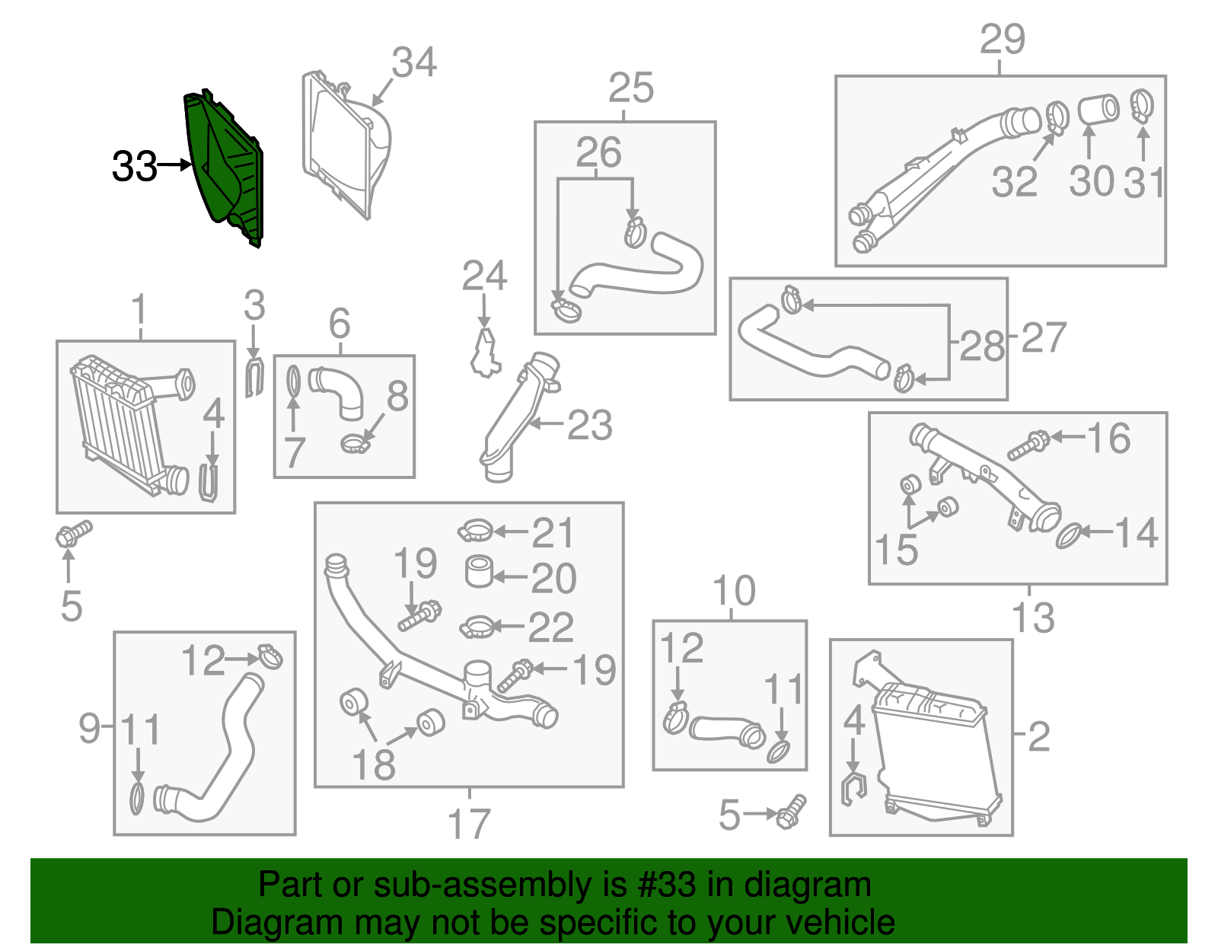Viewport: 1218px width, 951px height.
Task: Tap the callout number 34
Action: (x=414, y=62)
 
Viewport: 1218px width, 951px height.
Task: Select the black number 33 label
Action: (x=135, y=166)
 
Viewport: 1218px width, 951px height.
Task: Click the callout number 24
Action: (x=484, y=276)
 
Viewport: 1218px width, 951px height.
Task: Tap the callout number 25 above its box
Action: (x=631, y=88)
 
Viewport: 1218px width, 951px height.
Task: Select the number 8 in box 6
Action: (x=397, y=396)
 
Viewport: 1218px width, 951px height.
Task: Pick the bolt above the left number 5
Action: (x=73, y=533)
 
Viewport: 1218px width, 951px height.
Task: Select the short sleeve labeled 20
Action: (x=480, y=573)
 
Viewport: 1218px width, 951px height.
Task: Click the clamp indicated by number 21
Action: (x=477, y=530)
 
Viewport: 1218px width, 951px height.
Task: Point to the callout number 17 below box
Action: (x=469, y=824)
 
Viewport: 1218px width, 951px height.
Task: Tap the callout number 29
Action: (x=1002, y=39)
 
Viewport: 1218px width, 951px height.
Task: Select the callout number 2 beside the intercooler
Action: (x=1038, y=736)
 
